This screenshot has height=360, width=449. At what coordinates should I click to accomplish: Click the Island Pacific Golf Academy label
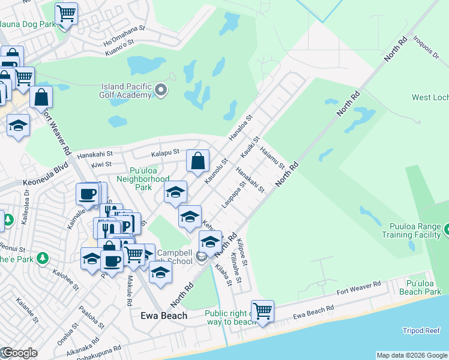click(x=127, y=91)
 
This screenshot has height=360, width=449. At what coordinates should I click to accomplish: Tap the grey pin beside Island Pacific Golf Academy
click(x=161, y=91)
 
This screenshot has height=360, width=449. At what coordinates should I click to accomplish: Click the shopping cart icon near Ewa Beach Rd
click(x=262, y=311)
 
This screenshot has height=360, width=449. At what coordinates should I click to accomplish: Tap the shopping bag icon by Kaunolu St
click(x=197, y=161)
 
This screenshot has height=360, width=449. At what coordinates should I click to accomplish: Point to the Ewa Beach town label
click(x=163, y=316)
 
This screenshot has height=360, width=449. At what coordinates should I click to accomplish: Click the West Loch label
click(x=430, y=97)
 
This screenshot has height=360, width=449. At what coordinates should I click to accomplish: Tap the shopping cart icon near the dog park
click(x=66, y=13)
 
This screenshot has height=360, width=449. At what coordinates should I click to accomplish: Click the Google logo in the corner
click(x=19, y=353)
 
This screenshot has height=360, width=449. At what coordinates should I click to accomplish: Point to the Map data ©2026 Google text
click(x=412, y=355)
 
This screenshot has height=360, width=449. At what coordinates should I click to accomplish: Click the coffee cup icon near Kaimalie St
click(x=88, y=194)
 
